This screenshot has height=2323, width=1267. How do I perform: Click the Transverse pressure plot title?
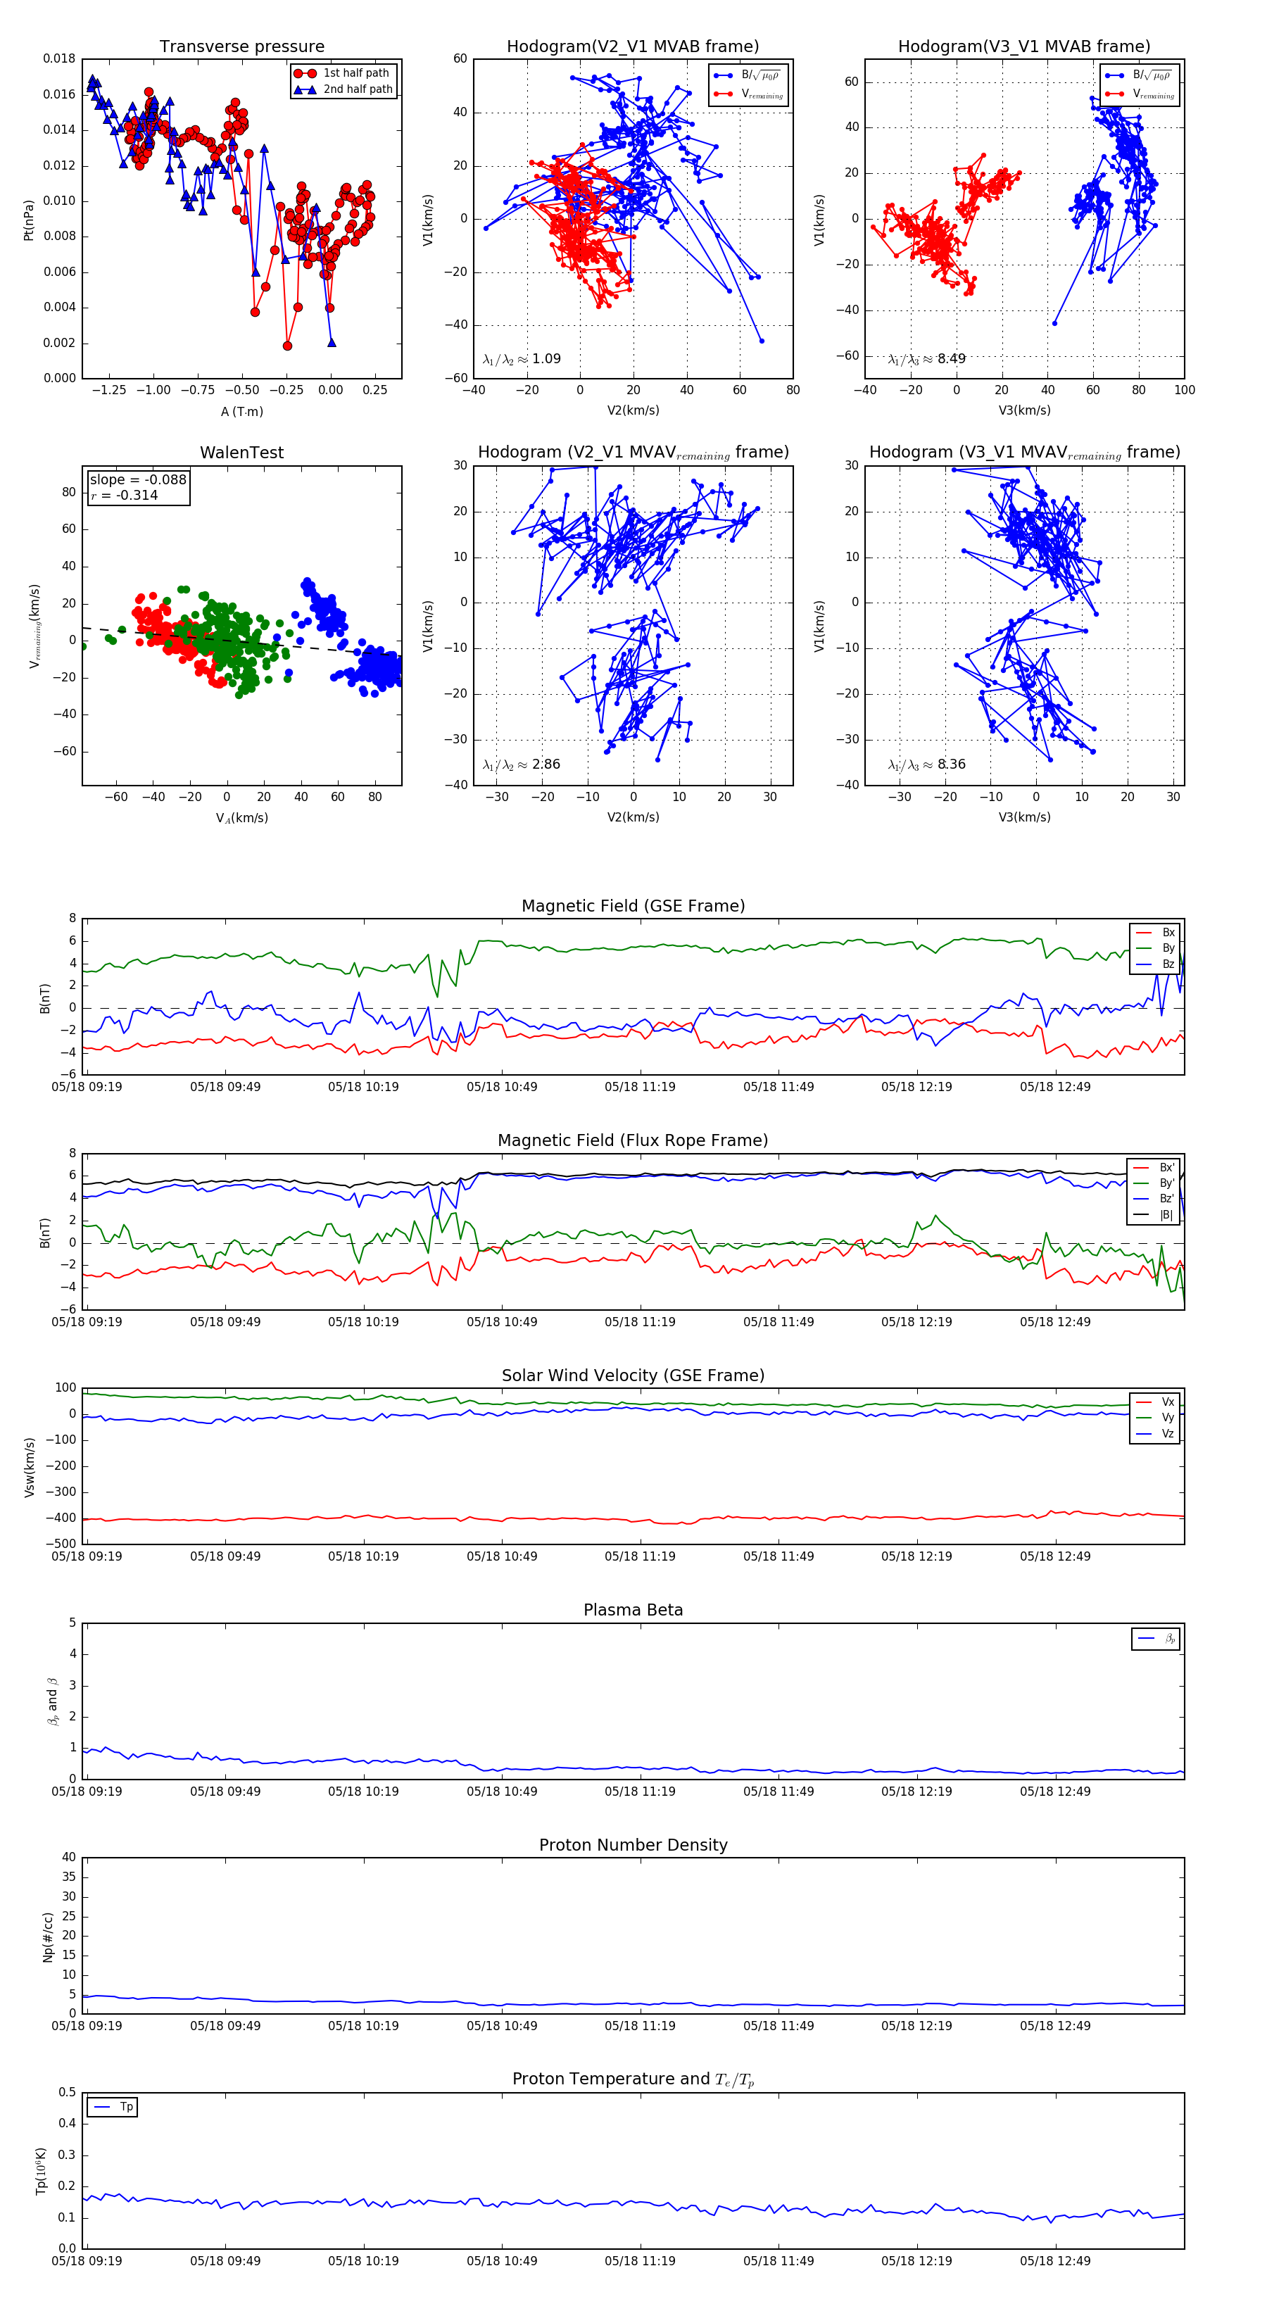click(x=241, y=47)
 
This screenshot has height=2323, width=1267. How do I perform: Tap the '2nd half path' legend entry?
click(x=357, y=89)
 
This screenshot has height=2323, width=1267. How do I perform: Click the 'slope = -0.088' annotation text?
click(x=137, y=480)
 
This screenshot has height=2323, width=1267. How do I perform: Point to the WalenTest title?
click(x=241, y=453)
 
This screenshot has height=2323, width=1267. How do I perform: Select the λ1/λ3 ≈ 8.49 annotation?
click(x=926, y=359)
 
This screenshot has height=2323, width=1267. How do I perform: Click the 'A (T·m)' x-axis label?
click(x=241, y=411)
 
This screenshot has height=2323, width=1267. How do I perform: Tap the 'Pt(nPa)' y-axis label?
click(x=29, y=219)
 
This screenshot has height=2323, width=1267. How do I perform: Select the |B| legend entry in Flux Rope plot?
click(x=1165, y=1215)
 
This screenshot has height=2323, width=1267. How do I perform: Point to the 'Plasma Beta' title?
click(x=633, y=1610)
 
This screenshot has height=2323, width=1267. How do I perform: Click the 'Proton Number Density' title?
click(x=633, y=1845)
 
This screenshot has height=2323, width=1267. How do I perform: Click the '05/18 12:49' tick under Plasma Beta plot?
click(x=1055, y=1791)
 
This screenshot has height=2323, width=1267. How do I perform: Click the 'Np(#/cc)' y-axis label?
click(x=48, y=1937)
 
